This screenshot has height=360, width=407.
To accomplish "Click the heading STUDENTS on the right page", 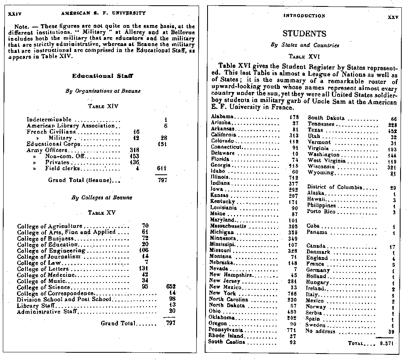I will click(304, 33).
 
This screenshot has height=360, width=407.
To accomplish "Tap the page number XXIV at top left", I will click(14, 13).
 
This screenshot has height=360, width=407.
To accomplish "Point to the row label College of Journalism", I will click(49, 257).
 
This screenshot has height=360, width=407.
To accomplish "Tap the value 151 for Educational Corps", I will click(162, 144).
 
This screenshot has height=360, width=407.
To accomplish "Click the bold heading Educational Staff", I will click(103, 76).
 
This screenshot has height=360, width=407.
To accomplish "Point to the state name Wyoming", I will click(321, 173).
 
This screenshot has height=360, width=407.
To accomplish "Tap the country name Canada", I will click(316, 246).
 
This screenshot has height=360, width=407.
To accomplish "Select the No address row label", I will click(320, 331).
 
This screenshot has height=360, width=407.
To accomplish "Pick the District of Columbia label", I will click(335, 187).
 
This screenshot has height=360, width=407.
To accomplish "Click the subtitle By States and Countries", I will click(304, 45).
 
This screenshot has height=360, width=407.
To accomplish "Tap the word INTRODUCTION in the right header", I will click(304, 16).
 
